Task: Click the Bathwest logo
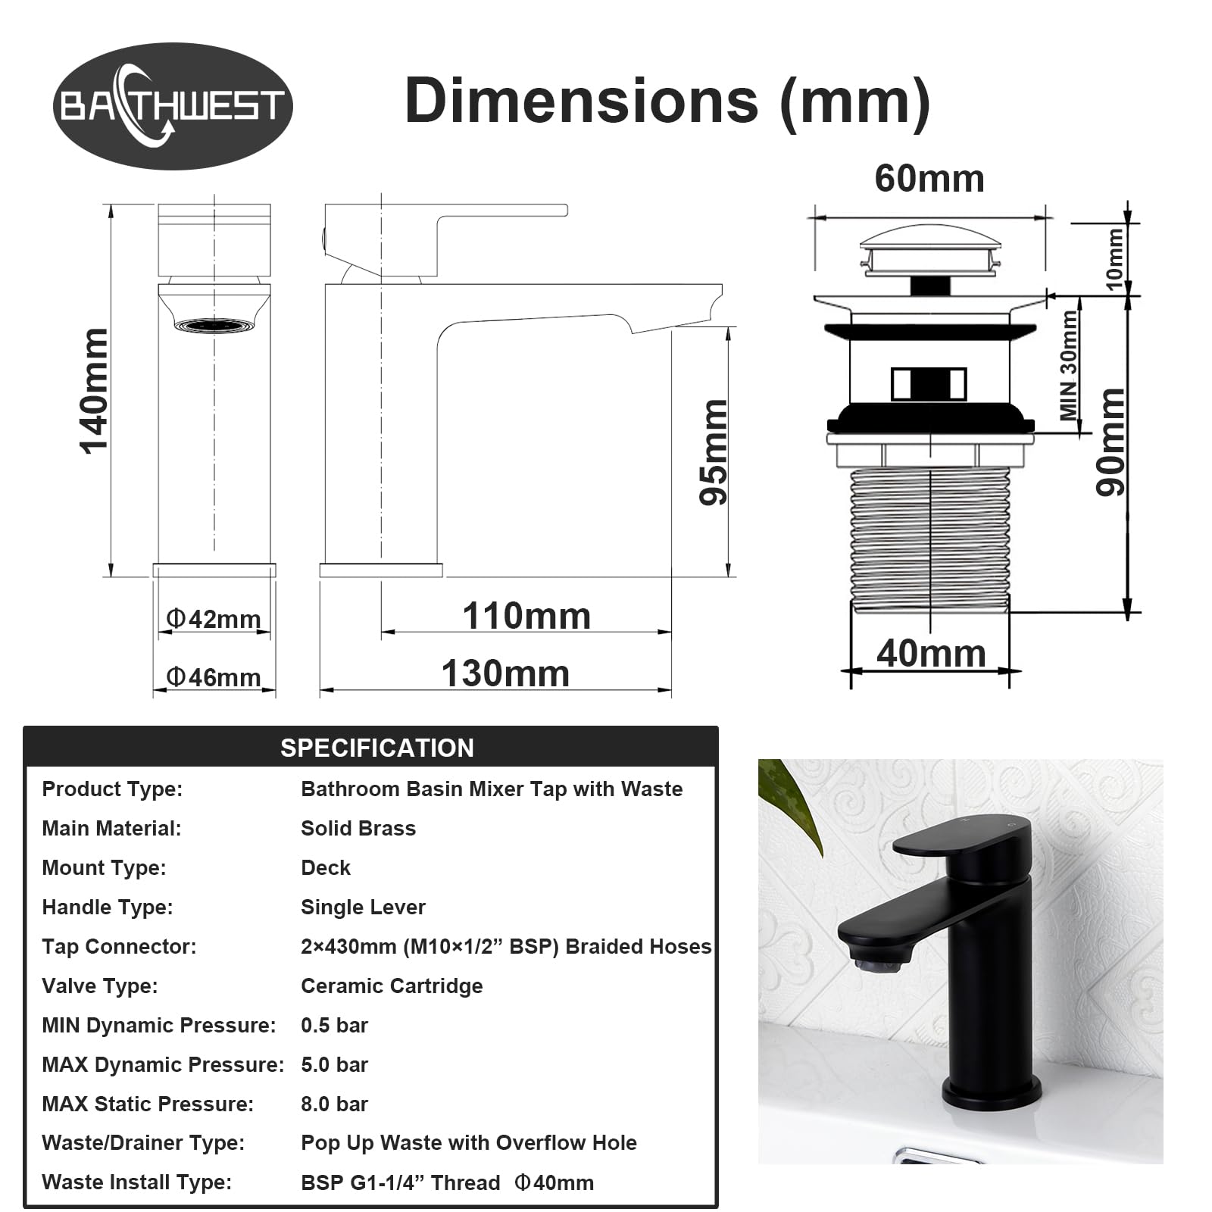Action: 173,106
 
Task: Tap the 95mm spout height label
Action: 714,452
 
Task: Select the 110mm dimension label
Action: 526,616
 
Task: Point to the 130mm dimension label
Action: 505,673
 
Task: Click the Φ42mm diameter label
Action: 214,619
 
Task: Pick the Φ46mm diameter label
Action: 214,676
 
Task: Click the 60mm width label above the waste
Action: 929,179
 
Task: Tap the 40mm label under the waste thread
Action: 931,653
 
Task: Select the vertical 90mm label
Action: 1111,442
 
